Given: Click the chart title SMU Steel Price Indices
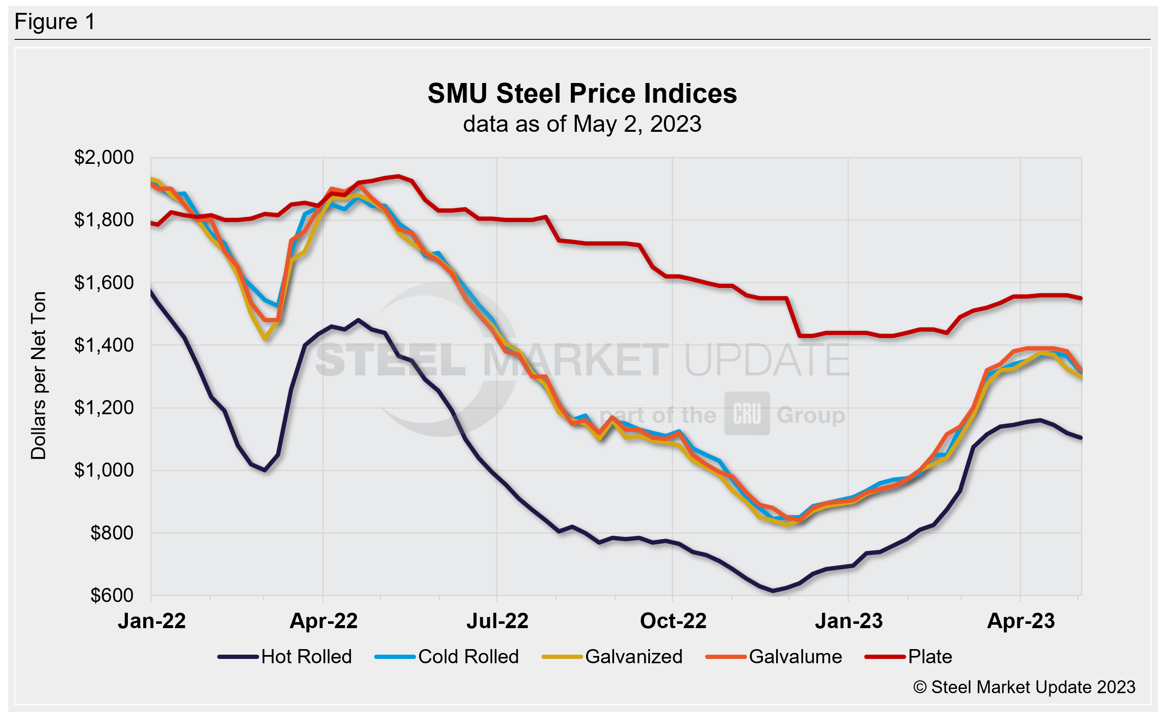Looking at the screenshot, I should [582, 93].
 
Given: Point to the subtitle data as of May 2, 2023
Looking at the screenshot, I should [582, 124].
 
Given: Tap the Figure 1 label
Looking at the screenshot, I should [55, 22].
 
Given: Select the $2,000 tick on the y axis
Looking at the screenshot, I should [104, 157].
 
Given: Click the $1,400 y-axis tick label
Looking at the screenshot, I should [104, 345].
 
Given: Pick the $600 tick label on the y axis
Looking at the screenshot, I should [112, 596].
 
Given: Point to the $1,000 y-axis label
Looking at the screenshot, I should [104, 470].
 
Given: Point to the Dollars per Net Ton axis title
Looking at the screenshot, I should [38, 375].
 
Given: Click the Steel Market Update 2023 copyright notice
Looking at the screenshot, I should [1024, 688].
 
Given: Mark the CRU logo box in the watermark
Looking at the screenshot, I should [747, 413].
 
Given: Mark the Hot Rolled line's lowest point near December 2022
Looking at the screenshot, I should [773, 590].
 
